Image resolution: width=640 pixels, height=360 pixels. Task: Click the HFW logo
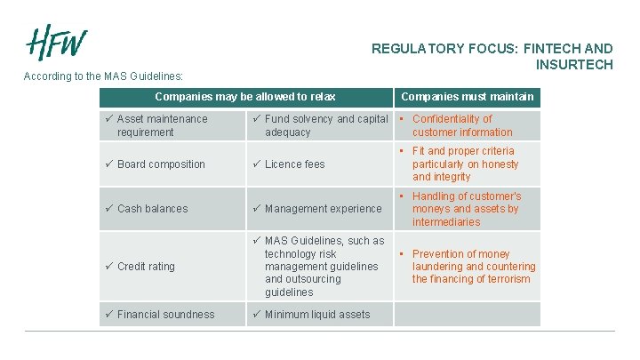pos(57,41)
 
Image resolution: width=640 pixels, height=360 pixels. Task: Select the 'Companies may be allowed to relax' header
pos(245,97)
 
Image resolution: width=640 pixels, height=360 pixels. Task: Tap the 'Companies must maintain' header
pos(468,97)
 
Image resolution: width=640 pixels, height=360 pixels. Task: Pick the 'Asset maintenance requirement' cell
pos(163,125)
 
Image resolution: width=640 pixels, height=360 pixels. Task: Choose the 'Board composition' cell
pos(161,164)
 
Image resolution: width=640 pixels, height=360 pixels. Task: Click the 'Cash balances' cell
pos(153,209)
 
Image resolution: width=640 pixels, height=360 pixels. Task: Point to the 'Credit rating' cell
pos(146,267)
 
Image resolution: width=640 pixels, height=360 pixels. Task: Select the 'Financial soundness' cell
pos(165,314)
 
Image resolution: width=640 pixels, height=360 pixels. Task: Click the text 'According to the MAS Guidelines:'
pos(103,76)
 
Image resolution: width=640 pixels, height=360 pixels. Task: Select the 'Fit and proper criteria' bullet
pos(465,164)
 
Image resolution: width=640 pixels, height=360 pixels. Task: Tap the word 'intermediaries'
pos(446,222)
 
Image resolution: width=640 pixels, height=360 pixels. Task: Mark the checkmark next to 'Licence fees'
pos(256,164)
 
